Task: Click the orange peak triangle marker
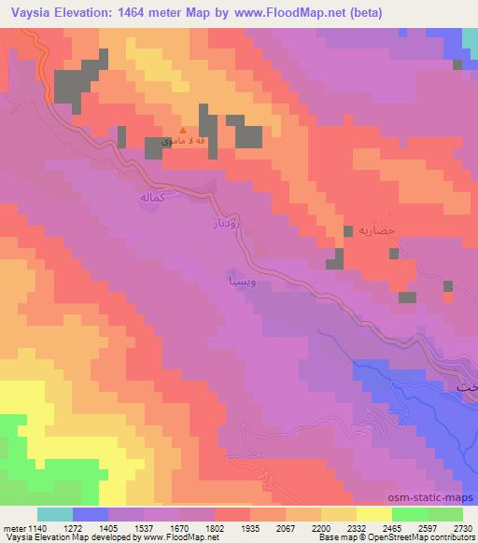click(183, 132)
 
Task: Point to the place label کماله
click(152, 198)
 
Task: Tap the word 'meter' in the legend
click(12, 527)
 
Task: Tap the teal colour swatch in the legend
click(54, 514)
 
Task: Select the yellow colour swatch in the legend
click(373, 514)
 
